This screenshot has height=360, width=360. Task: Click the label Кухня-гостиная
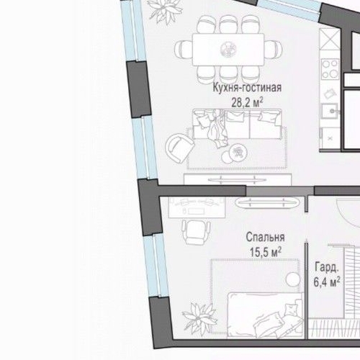point(247,88)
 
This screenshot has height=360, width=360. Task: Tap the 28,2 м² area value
point(247,103)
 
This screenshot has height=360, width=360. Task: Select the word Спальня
point(265,237)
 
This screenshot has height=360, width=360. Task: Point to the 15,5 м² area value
point(266,252)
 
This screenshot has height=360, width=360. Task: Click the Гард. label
point(327,267)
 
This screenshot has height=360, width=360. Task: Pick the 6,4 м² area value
point(327,282)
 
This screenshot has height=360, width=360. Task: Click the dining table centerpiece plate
point(229,49)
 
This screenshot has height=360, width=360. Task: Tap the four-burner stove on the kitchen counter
point(330,68)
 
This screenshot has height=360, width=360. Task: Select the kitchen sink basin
point(330,112)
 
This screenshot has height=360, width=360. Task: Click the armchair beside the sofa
point(179,148)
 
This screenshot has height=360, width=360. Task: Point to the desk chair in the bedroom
point(196,231)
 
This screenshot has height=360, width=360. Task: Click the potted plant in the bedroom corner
point(199,318)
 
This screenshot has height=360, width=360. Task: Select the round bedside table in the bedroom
point(293,279)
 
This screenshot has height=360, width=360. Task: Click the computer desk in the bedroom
point(197,207)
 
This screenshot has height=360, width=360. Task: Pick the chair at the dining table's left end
point(184,49)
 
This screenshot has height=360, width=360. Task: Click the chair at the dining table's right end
point(273,49)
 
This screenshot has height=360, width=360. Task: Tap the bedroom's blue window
point(156,266)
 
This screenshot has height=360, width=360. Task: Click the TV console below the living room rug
point(238,179)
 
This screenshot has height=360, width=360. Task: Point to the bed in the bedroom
point(265,315)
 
